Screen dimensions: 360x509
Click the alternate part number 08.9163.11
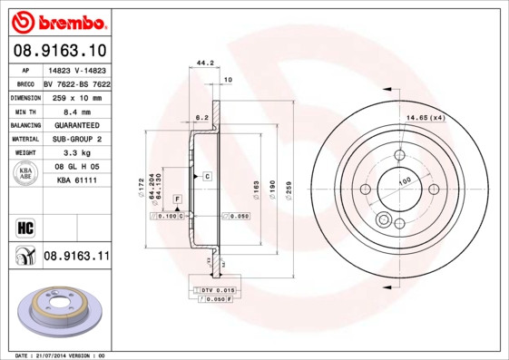pyautogui.click(x=76, y=257)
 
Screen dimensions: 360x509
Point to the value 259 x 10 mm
pyautogui.click(x=76, y=95)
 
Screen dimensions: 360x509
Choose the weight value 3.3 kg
pyautogui.click(x=76, y=153)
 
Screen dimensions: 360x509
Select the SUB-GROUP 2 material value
pyautogui.click(x=76, y=139)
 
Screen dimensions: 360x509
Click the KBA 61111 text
pyautogui.click(x=76, y=182)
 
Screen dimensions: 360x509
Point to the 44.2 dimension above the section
pyautogui.click(x=204, y=63)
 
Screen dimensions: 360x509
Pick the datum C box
pyautogui.click(x=207, y=175)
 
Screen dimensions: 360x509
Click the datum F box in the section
pyautogui.click(x=177, y=198)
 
